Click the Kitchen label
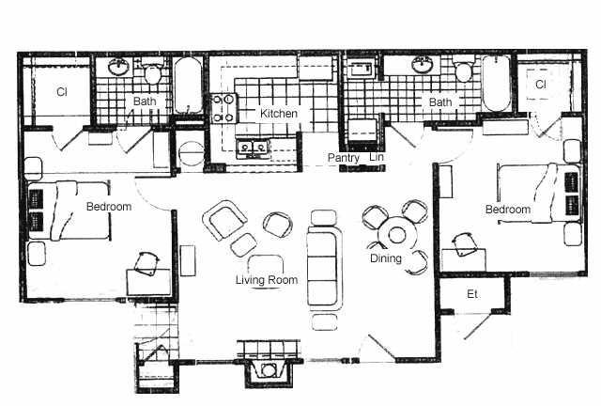(279, 114)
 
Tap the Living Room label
(267, 280)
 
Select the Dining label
(386, 258)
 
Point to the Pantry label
(344, 158)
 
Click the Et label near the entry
(472, 294)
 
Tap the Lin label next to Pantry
(377, 157)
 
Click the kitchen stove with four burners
(223, 108)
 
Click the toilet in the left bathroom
(152, 71)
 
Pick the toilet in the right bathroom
(463, 69)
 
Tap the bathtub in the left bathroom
(188, 86)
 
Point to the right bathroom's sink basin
(424, 64)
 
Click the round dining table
(397, 235)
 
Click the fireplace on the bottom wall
(268, 368)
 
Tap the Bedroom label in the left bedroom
(109, 207)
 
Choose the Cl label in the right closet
(541, 85)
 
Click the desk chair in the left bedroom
(146, 264)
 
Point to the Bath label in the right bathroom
(440, 102)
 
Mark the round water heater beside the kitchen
(191, 153)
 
